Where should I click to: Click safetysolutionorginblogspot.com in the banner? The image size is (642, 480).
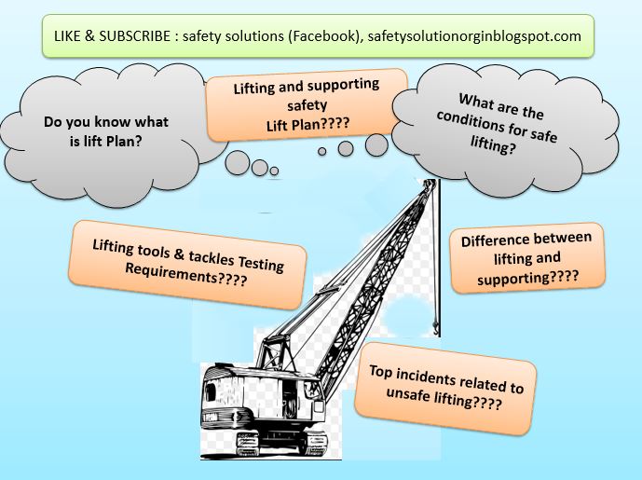point(463,36)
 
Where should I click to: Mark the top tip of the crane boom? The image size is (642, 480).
point(431,184)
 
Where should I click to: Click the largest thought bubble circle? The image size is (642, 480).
point(376,144)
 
